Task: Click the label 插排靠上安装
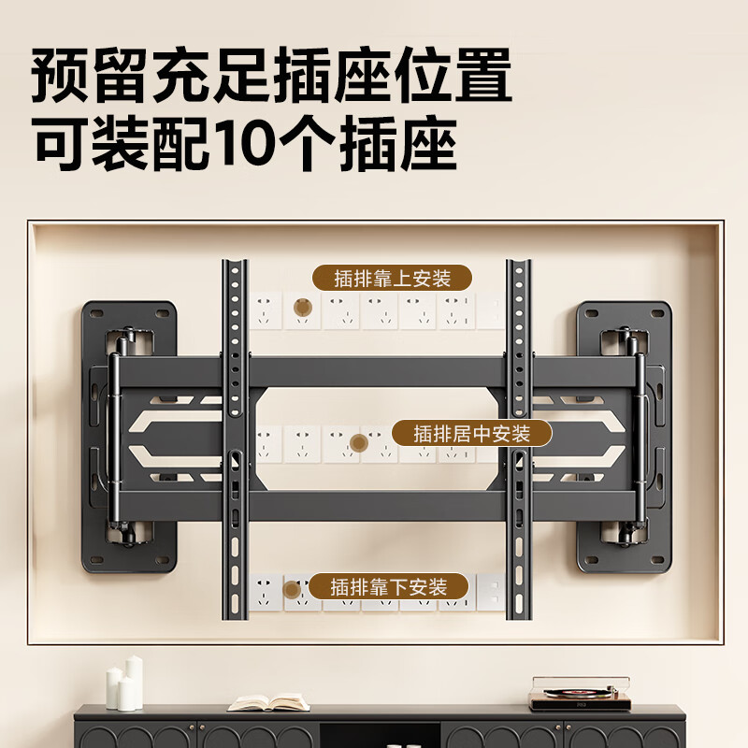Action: [x=392, y=278]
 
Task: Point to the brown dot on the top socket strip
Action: [x=302, y=307]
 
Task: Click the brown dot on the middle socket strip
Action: [x=357, y=443]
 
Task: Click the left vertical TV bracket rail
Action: [x=235, y=439]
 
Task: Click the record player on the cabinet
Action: [x=567, y=694]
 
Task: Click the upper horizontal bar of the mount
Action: [x=374, y=371]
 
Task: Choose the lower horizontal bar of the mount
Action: [x=374, y=506]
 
